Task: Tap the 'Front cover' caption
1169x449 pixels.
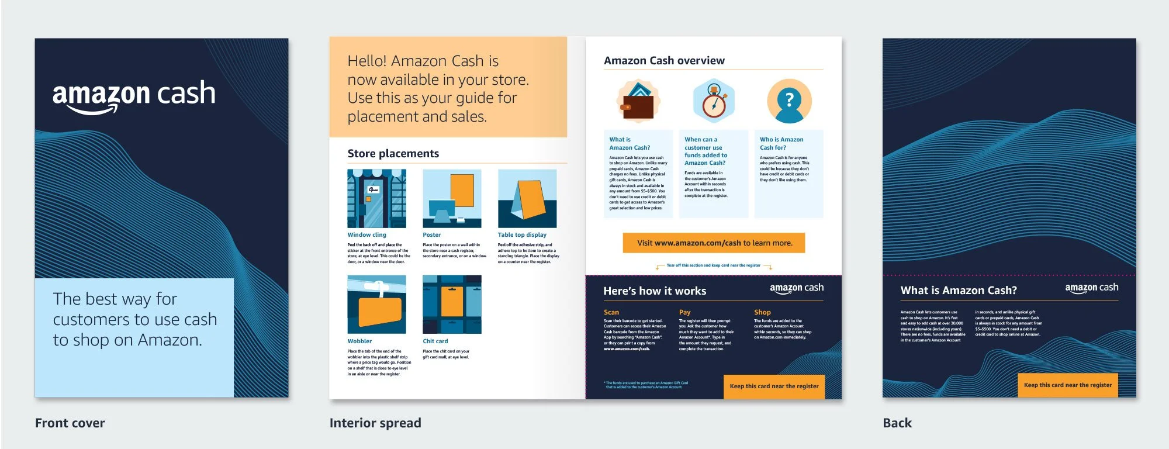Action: [x=70, y=423]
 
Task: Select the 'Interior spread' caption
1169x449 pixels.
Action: [x=375, y=423]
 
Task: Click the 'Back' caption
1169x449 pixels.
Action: [x=897, y=423]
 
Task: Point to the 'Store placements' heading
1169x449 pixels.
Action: [x=393, y=154]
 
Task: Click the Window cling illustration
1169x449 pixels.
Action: [x=376, y=199]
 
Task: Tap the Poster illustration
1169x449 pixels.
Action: [x=452, y=199]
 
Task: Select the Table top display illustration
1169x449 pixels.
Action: [x=527, y=199]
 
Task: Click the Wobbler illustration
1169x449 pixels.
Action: [x=376, y=305]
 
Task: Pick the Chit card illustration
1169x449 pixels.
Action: [x=452, y=305]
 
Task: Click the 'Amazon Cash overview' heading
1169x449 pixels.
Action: [x=664, y=61]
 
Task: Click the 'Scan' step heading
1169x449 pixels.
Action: [x=611, y=312]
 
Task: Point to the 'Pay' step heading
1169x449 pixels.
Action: [x=684, y=312]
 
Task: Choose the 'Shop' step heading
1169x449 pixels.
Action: [x=762, y=312]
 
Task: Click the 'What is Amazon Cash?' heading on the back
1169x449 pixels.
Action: [x=959, y=291]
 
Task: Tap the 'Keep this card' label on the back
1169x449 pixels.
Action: [x=1068, y=385]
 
